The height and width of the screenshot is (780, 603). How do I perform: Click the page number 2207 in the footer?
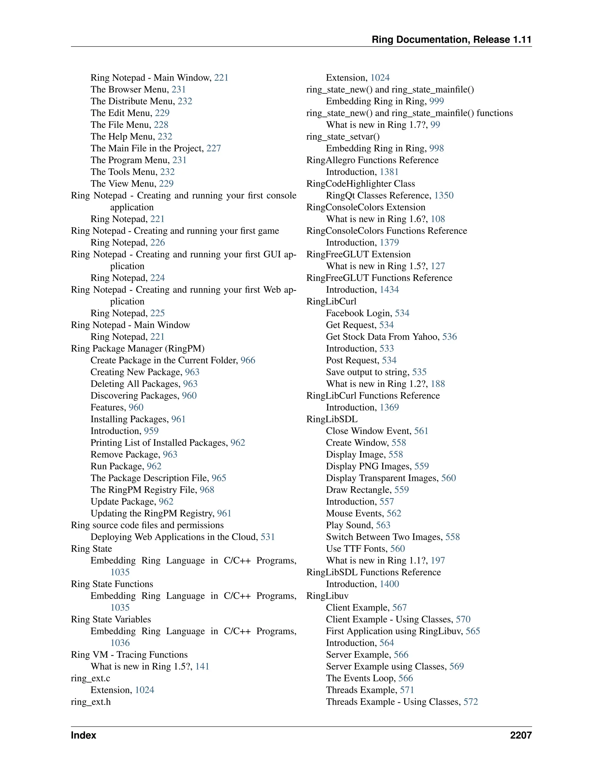coord(521,735)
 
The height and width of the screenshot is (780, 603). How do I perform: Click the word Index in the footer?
coord(84,735)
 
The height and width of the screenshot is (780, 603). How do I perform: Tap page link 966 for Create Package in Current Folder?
coord(248,360)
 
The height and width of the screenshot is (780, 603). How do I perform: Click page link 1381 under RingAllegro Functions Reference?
coord(389,172)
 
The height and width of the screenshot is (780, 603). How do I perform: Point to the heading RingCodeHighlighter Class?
coord(360,184)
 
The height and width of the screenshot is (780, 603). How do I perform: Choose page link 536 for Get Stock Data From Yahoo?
coord(449,336)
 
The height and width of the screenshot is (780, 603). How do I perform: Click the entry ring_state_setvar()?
coord(343,137)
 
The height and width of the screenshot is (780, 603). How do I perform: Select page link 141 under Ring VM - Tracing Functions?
coord(202,666)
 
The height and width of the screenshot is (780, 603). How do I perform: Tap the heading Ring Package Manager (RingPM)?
coord(138,348)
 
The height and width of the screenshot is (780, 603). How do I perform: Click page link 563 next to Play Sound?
coord(383,525)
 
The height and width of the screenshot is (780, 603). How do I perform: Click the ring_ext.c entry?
coord(90,678)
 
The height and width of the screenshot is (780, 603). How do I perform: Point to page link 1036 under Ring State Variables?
coord(120,643)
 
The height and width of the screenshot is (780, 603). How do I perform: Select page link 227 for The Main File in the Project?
coord(214,148)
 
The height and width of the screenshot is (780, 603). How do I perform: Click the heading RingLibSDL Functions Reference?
coord(373,572)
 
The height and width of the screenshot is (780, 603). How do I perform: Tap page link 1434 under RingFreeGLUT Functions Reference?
coord(389,289)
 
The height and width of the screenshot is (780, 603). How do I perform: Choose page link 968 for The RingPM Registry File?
coord(207,490)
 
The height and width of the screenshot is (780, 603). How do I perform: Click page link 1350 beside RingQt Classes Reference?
coord(444,195)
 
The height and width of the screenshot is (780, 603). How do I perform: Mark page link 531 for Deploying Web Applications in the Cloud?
coord(268,537)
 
